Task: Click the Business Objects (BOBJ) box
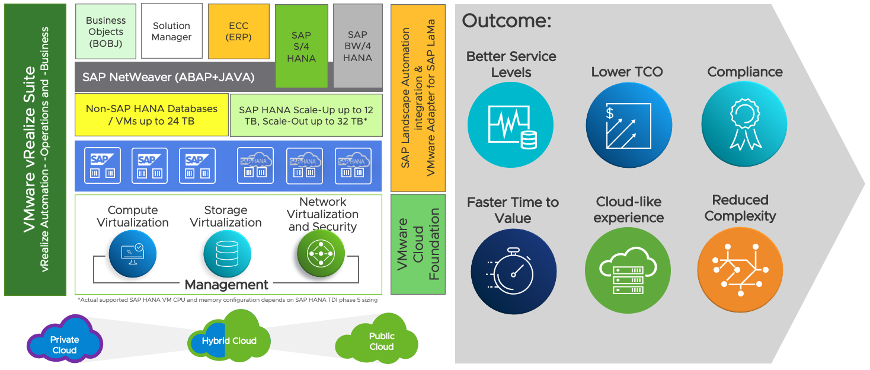tap(105, 31)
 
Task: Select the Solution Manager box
tap(172, 31)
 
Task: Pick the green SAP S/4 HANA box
tap(302, 46)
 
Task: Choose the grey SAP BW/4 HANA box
tap(357, 46)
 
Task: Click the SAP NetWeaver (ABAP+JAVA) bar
tap(178, 77)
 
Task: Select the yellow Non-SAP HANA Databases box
tap(152, 115)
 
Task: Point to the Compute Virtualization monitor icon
tap(132, 254)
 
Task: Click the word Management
tap(226, 285)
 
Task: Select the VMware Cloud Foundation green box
tap(418, 244)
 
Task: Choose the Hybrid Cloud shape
tap(229, 340)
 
